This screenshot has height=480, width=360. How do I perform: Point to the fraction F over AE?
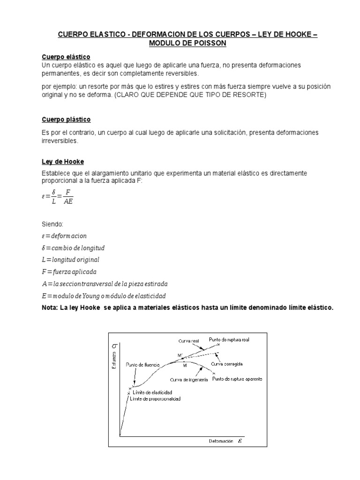click(x=68, y=197)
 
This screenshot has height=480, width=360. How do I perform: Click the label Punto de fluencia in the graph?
click(x=143, y=364)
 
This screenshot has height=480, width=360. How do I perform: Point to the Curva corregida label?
click(x=233, y=364)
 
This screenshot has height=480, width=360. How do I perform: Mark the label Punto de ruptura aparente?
click(x=237, y=378)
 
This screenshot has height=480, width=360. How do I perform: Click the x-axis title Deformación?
click(x=220, y=441)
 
